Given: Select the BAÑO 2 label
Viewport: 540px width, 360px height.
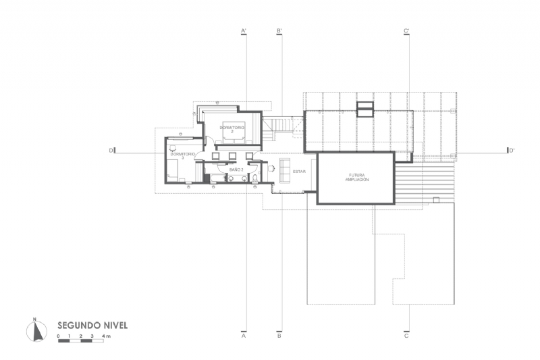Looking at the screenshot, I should [x=236, y=170].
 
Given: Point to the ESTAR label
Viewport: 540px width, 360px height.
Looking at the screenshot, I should [x=299, y=172].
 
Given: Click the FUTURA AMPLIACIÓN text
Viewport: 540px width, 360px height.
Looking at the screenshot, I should [x=356, y=178].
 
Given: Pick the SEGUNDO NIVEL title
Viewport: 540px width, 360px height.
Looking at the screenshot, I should [x=92, y=325].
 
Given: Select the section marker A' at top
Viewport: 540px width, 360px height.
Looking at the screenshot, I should [x=244, y=31].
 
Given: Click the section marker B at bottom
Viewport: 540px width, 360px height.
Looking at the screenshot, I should [x=279, y=335].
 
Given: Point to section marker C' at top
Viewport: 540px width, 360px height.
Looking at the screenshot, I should [x=406, y=31].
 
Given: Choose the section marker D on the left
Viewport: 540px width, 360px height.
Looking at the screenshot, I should [x=111, y=151].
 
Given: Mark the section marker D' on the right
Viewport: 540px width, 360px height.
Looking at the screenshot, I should [x=512, y=151].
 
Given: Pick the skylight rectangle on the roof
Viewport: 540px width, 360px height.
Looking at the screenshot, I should [x=364, y=109].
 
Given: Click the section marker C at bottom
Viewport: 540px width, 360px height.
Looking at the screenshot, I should [x=406, y=335].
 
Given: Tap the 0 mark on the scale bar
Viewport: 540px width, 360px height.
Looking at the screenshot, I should [x=59, y=336].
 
